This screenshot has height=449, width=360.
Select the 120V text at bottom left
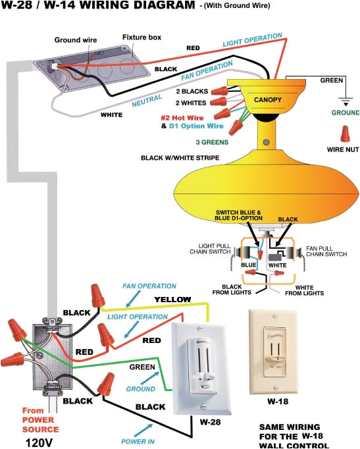[x=39, y=441]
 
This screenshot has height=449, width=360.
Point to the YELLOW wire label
[x=172, y=300]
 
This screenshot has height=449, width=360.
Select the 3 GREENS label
[x=211, y=142]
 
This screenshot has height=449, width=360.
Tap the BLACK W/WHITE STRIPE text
[x=180, y=158]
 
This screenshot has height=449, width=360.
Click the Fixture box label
[x=142, y=38]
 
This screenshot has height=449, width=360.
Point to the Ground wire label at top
[x=75, y=40]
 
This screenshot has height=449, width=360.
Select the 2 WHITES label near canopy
[x=190, y=103]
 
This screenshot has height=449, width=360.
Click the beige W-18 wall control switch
[x=278, y=351]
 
